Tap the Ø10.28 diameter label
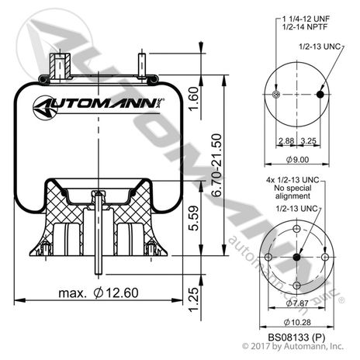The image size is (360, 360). pos(298,323)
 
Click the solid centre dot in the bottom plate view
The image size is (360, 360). pos(298,259)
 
